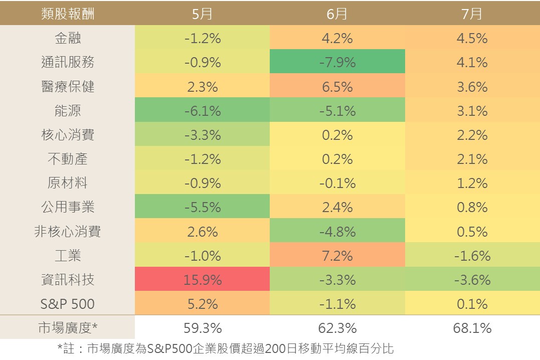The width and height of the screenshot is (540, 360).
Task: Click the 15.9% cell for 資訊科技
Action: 202,279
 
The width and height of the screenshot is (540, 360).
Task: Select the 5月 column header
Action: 202,13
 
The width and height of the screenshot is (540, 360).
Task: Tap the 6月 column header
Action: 337,13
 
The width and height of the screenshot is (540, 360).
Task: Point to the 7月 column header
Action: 472,13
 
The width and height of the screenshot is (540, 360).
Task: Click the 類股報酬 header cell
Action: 68,13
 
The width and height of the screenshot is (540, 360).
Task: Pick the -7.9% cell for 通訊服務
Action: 337,62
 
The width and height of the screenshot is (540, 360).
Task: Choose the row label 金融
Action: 68,38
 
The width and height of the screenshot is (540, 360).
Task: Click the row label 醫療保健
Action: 68,86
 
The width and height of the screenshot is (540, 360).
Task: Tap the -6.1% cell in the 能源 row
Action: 202,110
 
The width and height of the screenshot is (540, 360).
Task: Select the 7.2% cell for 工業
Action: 337,255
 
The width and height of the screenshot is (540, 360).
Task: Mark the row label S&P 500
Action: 68,303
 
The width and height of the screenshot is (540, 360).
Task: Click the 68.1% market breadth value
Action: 472,327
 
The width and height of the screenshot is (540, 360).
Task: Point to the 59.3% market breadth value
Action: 203,327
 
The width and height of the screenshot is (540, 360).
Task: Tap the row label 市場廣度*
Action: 68,327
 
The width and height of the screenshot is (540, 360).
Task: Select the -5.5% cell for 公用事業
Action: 202,207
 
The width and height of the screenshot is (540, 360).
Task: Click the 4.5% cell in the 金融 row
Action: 472,38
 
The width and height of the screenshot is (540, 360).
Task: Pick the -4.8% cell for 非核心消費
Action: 337,231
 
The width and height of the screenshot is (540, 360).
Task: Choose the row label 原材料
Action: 68,183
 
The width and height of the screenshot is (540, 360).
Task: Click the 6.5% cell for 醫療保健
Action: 337,86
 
